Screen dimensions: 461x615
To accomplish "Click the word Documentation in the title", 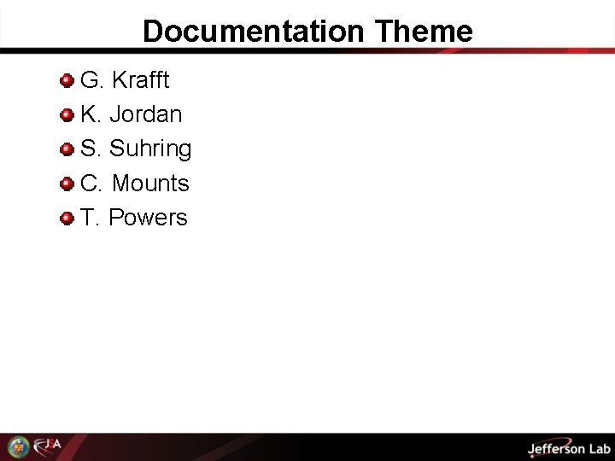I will click(x=253, y=32).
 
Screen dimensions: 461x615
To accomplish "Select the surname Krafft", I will click(x=140, y=80).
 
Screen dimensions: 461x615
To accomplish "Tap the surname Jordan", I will click(x=145, y=114).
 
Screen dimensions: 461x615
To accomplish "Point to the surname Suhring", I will click(x=150, y=149).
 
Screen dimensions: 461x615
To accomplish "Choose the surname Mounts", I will click(x=150, y=184).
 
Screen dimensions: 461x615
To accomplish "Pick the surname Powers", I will click(x=148, y=218).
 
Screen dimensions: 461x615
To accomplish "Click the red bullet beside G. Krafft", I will click(x=66, y=81).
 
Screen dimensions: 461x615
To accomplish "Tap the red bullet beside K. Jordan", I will click(x=66, y=115).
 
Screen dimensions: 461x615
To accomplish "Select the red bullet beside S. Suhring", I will click(x=66, y=149).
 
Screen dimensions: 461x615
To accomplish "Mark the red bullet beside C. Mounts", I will click(x=66, y=184).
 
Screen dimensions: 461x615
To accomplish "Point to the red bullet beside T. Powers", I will click(x=66, y=219).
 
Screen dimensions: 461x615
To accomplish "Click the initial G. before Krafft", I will click(x=91, y=80).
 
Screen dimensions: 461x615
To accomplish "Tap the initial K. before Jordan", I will click(x=91, y=114).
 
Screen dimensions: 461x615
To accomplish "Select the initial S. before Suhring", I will click(x=91, y=149).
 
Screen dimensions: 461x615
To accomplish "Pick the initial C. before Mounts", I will click(x=91, y=184).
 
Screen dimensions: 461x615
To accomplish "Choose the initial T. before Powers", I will click(x=90, y=218).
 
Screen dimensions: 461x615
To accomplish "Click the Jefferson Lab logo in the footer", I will click(x=569, y=448).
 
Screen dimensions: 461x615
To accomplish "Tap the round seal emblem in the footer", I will click(x=18, y=446).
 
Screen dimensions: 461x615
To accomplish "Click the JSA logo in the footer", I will click(x=48, y=446).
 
